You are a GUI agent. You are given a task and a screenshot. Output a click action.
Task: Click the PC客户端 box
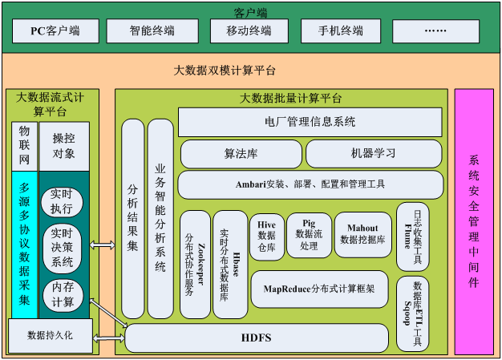[55, 31]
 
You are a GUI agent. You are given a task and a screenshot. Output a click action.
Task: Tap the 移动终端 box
[249, 31]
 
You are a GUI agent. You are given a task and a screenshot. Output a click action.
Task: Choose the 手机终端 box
[341, 31]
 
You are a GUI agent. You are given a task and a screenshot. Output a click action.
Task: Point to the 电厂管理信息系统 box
[310, 123]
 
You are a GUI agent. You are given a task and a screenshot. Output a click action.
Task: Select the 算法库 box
[241, 153]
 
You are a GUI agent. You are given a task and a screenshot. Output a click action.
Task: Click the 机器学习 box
[373, 153]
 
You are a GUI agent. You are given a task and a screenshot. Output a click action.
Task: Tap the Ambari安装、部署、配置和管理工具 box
[310, 184]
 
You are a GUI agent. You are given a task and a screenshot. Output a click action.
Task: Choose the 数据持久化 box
[50, 336]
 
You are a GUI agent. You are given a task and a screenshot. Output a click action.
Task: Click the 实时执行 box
[62, 203]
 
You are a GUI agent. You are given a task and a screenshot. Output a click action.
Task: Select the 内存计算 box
[62, 293]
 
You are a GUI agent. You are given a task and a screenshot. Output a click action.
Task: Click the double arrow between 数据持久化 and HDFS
[108, 338]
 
